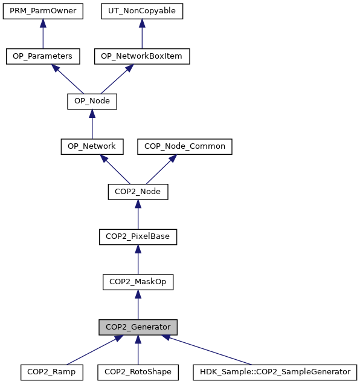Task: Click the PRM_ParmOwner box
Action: pos(43,11)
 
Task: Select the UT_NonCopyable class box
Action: pos(142,11)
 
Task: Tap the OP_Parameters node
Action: pos(43,56)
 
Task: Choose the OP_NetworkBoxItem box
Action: pos(142,56)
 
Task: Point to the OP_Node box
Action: pos(92,102)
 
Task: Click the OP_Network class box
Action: pos(92,147)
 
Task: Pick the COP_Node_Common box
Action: pos(185,147)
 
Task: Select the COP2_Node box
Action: pos(138,192)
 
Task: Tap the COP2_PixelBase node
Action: pos(138,237)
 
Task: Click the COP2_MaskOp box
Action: pos(138,282)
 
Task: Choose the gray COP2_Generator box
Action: pos(138,327)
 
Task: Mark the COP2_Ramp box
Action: pos(52,373)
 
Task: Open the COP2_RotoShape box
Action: pos(138,373)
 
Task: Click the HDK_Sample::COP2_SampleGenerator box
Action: pos(275,373)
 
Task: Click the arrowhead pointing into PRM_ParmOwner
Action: pos(43,23)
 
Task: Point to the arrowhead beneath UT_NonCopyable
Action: pos(142,23)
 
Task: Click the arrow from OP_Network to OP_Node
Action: pos(92,124)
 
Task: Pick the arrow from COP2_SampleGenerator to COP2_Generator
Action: pos(206,350)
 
